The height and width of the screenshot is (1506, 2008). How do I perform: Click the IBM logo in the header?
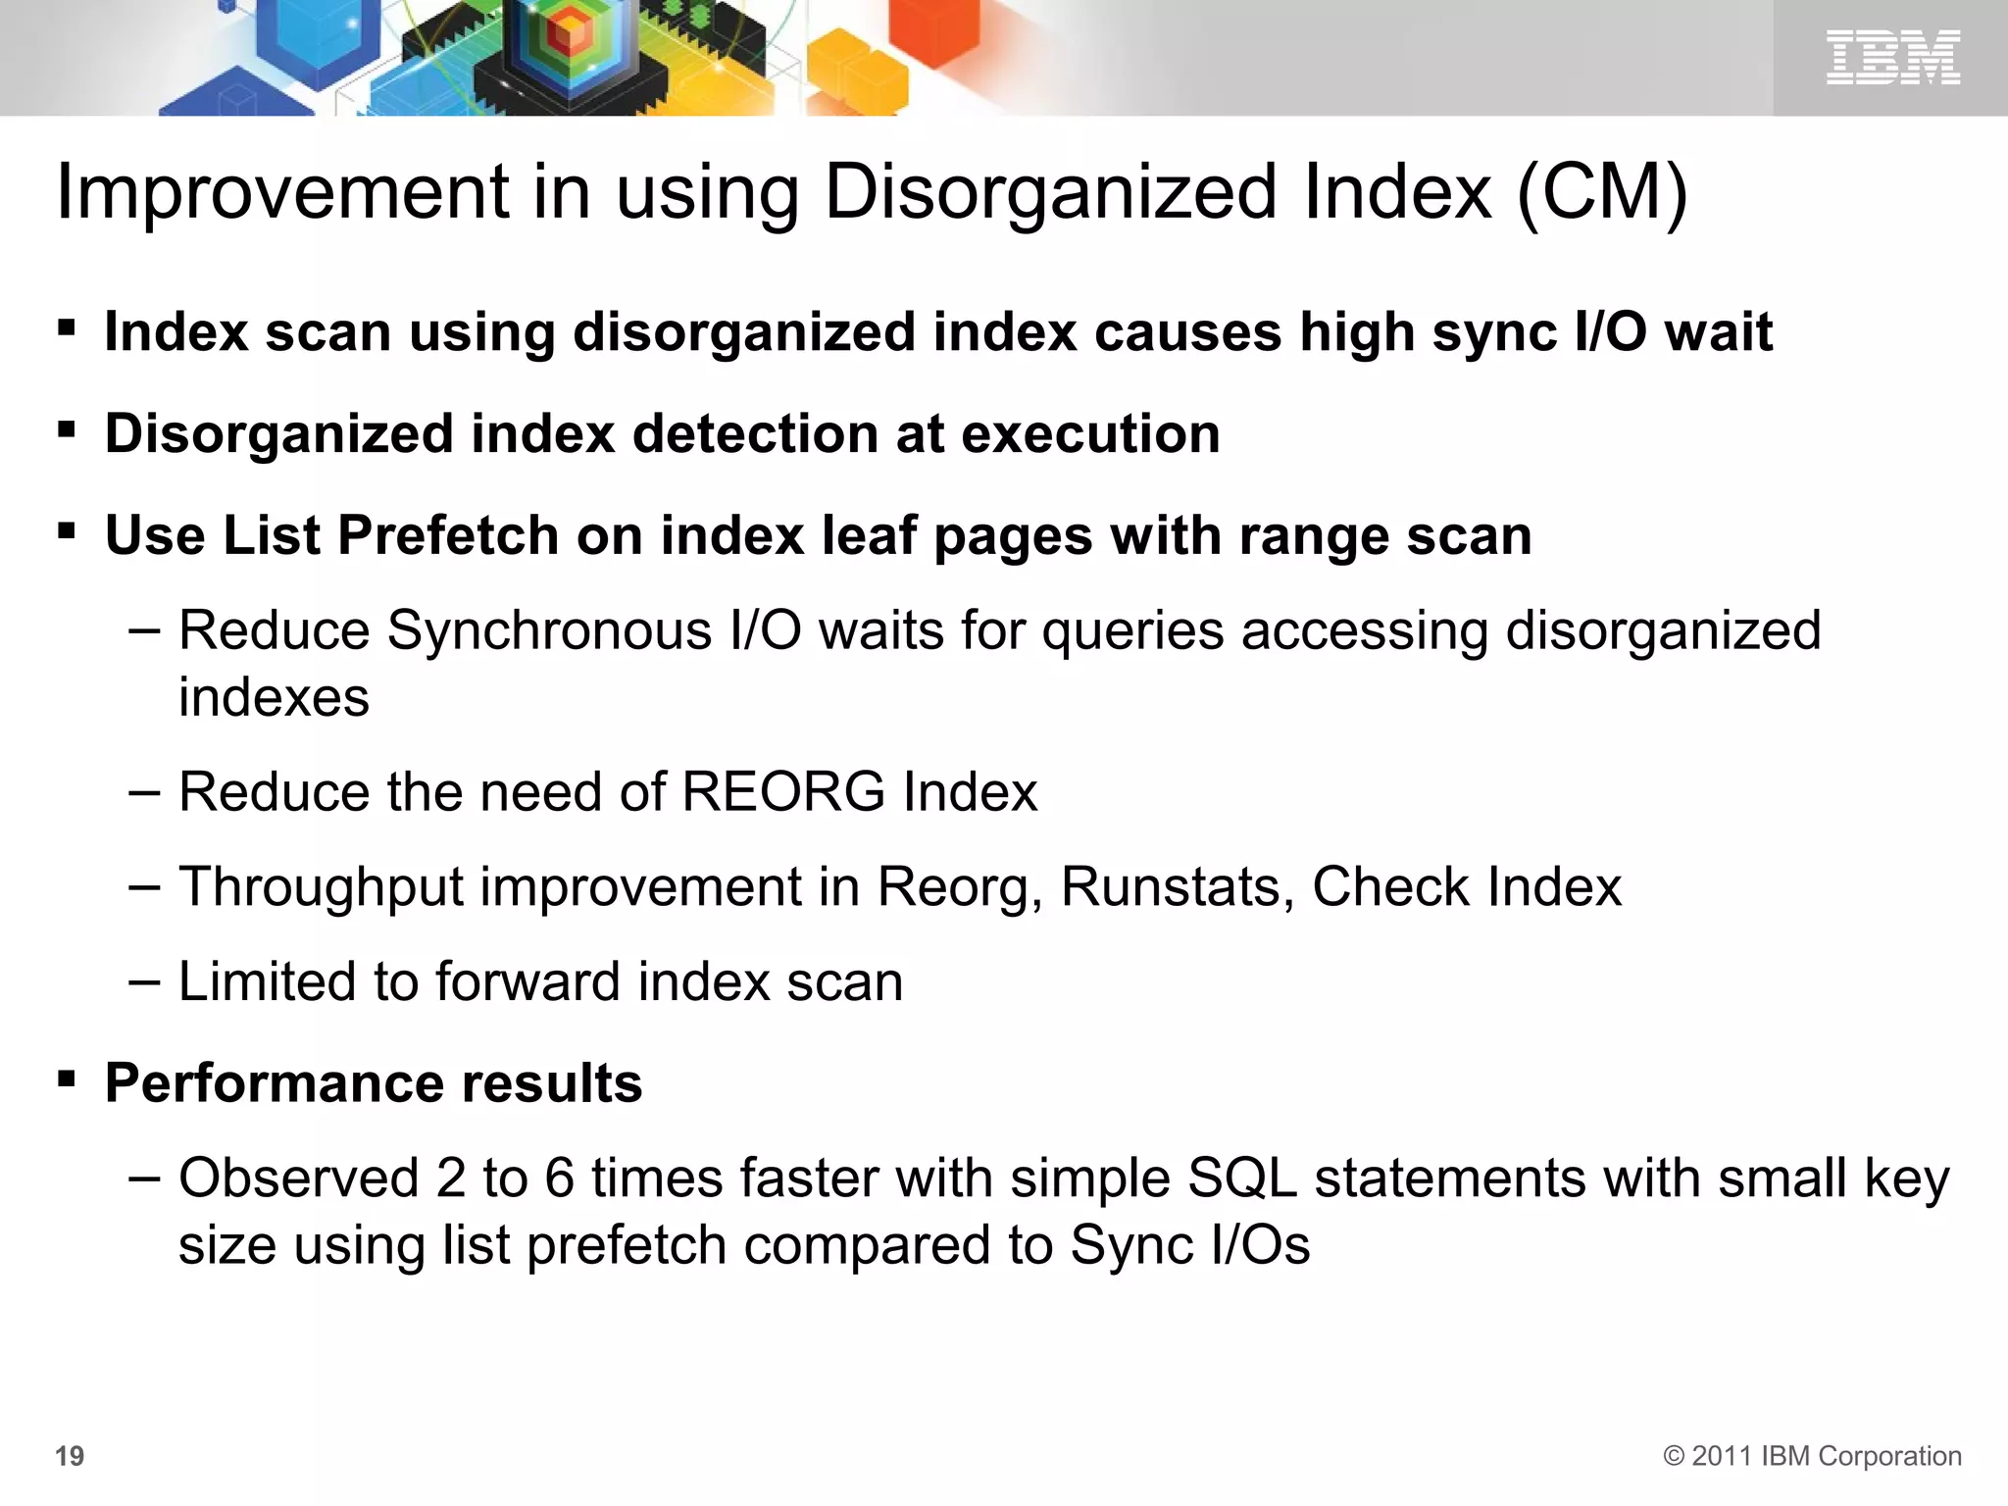click(1892, 57)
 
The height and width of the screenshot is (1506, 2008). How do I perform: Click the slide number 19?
click(70, 1456)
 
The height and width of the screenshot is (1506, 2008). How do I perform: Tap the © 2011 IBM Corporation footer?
click(1812, 1456)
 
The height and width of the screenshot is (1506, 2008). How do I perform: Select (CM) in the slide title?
click(1602, 192)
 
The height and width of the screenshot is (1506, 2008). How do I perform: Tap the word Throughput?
click(321, 887)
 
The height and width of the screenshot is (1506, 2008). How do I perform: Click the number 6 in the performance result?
click(559, 1178)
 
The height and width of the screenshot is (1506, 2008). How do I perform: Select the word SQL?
click(1242, 1178)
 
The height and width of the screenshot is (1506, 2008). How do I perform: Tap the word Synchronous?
click(549, 630)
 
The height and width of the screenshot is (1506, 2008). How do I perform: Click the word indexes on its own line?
click(274, 698)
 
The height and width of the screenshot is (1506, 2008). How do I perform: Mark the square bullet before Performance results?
click(67, 1080)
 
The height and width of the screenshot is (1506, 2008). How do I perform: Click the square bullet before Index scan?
click(67, 327)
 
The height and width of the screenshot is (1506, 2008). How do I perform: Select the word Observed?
click(298, 1178)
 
